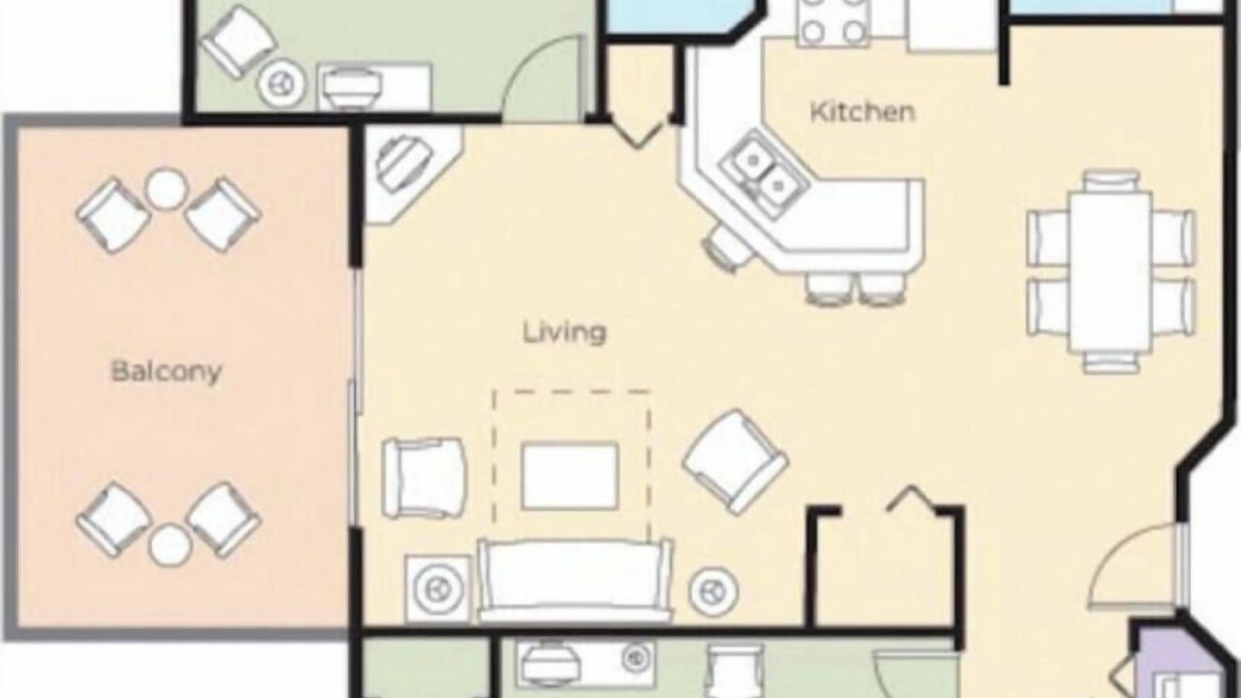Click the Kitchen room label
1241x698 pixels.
pyautogui.click(x=862, y=111)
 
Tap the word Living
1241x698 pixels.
pyautogui.click(x=564, y=333)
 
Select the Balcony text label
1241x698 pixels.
pyautogui.click(x=166, y=370)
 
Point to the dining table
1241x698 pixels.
pyautogui.click(x=1111, y=271)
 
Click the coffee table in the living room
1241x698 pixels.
pyautogui.click(x=569, y=475)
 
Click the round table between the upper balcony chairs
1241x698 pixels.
pyautogui.click(x=166, y=189)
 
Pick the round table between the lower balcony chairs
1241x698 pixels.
pyautogui.click(x=170, y=545)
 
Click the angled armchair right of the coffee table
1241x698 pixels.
pyautogui.click(x=735, y=462)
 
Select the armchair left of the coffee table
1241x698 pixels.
pyautogui.click(x=424, y=478)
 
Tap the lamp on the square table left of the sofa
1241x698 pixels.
pyautogui.click(x=438, y=588)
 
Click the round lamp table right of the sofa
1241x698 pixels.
pyautogui.click(x=713, y=590)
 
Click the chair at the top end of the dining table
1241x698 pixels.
pyautogui.click(x=1111, y=181)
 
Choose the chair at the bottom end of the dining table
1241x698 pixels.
pyautogui.click(x=1111, y=363)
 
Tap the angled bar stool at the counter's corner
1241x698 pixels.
pyautogui.click(x=727, y=250)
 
